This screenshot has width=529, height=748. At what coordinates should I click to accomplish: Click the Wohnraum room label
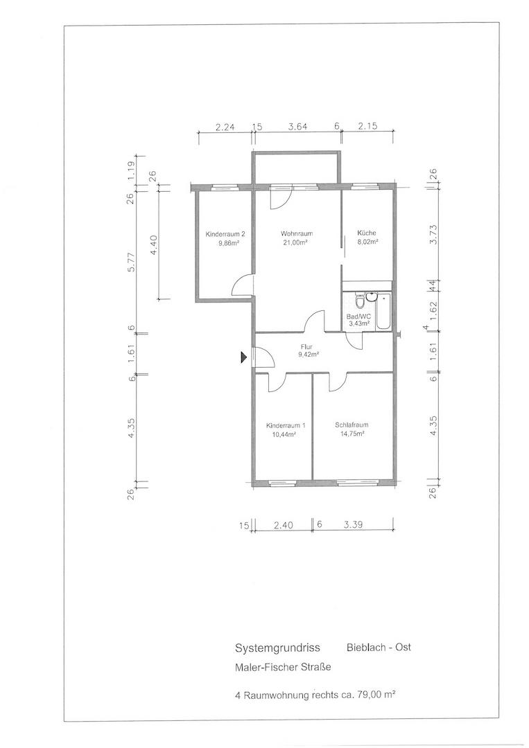[297, 234]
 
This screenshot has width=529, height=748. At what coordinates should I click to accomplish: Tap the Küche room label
[367, 233]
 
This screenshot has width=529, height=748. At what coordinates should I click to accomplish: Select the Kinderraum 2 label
[225, 234]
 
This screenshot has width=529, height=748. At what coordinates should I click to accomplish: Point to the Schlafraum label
[352, 425]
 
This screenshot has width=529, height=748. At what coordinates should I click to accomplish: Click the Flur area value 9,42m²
[309, 355]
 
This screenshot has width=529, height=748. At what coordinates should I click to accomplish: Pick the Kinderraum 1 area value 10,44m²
[286, 434]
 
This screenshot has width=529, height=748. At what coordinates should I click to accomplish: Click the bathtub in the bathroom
[383, 312]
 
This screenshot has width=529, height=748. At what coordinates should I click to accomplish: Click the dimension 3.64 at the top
[297, 127]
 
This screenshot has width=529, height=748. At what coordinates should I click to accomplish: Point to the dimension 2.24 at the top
[225, 127]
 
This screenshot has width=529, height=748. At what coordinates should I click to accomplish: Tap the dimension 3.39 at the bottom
[354, 524]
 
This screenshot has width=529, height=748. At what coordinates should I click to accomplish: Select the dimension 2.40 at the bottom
[284, 525]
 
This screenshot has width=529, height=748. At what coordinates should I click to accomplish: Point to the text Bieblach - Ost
[379, 647]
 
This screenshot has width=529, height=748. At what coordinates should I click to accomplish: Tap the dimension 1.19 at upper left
[131, 170]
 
